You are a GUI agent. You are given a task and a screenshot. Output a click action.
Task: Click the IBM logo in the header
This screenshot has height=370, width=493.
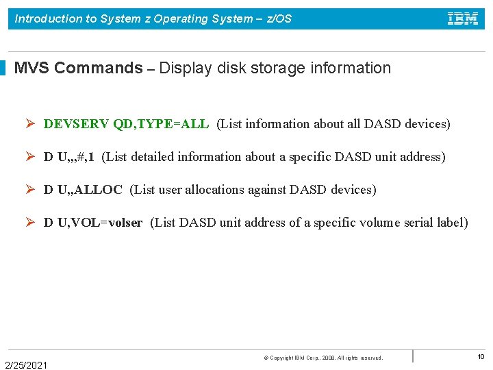pos(463,18)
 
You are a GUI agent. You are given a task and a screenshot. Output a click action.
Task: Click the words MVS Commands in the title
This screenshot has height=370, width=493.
pos(78,69)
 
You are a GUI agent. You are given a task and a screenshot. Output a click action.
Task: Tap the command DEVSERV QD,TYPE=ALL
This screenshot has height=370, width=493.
pos(126,124)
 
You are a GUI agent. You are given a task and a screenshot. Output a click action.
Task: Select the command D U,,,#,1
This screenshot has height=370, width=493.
pos(69,157)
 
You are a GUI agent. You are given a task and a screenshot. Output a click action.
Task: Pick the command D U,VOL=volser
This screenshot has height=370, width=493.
pos(93,223)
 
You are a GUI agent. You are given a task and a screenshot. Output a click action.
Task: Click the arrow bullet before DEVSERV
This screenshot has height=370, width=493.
pos(31,124)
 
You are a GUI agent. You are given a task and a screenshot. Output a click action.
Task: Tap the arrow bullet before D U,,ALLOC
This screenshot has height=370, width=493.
pos(31,190)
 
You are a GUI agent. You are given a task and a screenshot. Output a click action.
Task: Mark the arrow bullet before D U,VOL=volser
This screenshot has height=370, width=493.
pos(31,223)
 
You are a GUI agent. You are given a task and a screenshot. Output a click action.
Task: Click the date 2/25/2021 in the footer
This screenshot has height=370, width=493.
pos(26,365)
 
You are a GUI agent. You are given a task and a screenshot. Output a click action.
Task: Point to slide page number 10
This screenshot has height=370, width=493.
pos(481,356)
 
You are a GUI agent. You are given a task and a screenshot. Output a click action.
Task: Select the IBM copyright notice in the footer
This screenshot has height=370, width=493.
pos(323,358)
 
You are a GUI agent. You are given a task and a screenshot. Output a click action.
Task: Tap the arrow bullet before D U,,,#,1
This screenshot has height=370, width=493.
pos(31,157)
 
